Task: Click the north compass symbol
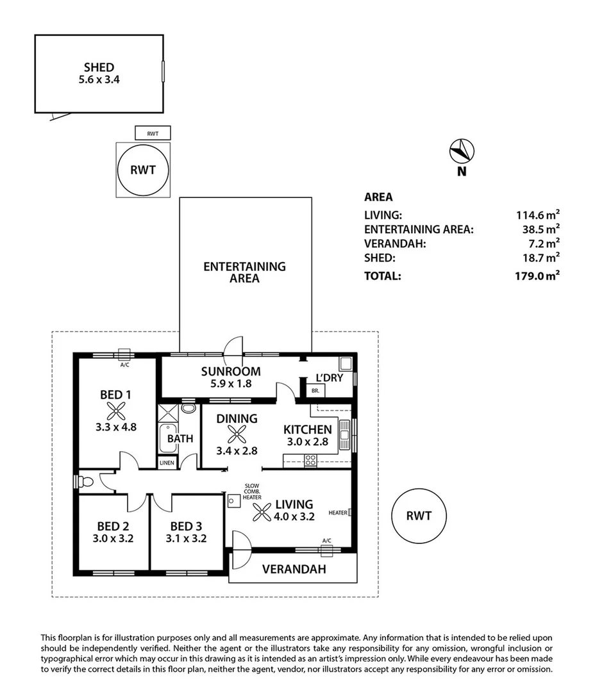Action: coord(462,151)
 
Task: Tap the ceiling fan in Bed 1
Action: coord(116,411)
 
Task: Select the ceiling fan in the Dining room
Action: coord(237,434)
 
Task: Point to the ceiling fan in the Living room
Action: coord(262,512)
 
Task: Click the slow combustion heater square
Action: coord(233,501)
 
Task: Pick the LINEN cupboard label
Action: coord(167,463)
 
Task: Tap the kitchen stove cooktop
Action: coord(310,461)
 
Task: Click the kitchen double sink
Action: coord(344,435)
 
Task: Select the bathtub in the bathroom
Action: coord(168,438)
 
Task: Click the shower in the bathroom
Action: coord(168,413)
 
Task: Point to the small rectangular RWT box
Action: coord(153,133)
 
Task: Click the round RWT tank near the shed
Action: coord(143,170)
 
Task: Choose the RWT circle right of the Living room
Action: coord(419,516)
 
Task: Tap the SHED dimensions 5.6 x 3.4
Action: coord(99,80)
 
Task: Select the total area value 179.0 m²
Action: coord(537,276)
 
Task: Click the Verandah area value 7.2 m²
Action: coord(544,243)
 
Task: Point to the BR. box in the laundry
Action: coord(316,391)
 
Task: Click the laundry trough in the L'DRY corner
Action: coord(346,364)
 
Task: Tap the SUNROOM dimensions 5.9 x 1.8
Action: coord(231,384)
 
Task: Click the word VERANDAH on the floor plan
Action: coord(294,570)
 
